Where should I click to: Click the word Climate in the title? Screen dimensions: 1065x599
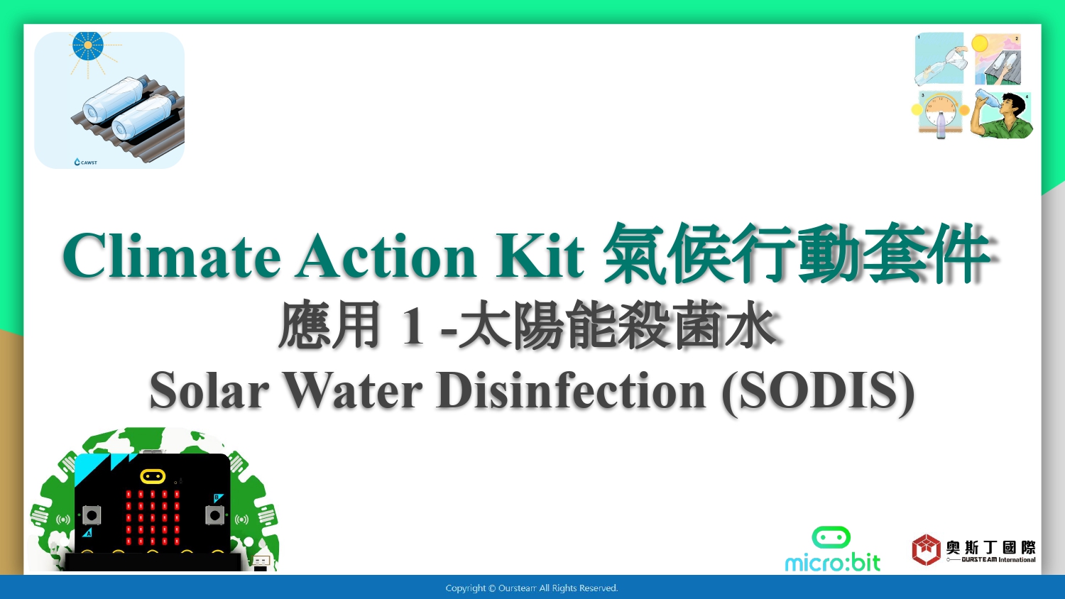[x=171, y=255]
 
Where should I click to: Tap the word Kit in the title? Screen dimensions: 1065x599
[x=540, y=255]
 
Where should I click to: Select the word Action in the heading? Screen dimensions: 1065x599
[x=386, y=255]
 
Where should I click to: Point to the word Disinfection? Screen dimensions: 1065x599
[x=571, y=390]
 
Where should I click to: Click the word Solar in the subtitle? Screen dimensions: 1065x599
[x=209, y=390]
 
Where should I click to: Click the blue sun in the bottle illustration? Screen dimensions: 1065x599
[x=88, y=45]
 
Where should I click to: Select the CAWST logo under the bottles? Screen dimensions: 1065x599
[x=86, y=162]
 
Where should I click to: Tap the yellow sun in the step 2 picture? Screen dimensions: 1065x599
[x=980, y=44]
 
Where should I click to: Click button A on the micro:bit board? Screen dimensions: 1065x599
[x=92, y=515]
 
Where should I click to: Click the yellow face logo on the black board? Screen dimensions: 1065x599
[x=153, y=476]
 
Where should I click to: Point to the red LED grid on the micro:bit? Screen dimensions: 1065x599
[x=153, y=517]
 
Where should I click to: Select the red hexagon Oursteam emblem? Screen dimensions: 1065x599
[x=926, y=549]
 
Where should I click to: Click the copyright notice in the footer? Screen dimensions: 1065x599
[x=532, y=588]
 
